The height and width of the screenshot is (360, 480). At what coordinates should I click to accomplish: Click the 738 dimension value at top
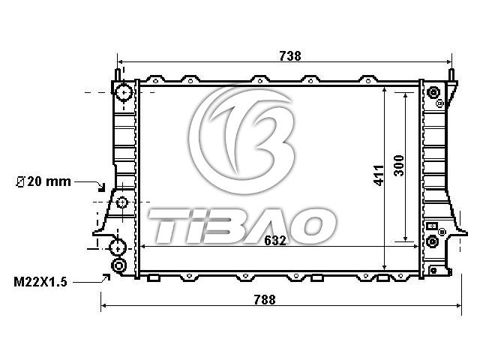coord(290,56)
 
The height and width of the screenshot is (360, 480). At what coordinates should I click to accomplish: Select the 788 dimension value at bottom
coord(265,300)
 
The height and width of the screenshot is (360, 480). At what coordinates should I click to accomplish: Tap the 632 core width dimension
coord(275,241)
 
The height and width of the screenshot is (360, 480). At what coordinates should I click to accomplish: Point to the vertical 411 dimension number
coord(379,175)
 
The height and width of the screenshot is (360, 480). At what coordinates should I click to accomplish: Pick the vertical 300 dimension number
coord(399,166)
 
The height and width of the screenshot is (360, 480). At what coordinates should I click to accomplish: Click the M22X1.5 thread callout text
coord(40,282)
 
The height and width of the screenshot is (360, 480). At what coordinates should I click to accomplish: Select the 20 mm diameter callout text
coord(43,181)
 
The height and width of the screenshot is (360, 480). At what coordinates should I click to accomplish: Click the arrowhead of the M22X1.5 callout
coord(106,277)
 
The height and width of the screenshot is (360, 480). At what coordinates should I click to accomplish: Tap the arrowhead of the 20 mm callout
coord(101,187)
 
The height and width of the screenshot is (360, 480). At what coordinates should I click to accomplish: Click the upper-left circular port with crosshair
coord(124,91)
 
